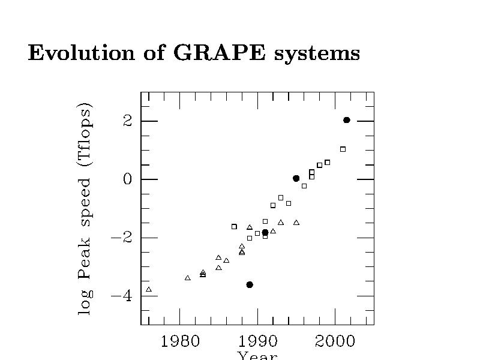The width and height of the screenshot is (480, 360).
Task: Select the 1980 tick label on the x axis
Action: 180,341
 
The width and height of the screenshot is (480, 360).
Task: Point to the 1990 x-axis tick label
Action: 257,341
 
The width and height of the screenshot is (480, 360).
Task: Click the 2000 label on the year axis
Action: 335,341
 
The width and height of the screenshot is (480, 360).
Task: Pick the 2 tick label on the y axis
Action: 127,121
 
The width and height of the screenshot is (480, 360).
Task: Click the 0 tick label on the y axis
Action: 127,179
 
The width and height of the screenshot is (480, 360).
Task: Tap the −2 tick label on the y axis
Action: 122,238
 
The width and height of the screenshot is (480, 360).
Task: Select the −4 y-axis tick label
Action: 122,296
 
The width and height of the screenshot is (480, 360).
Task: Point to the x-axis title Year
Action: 257,356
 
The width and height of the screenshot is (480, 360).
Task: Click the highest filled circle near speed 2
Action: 347,120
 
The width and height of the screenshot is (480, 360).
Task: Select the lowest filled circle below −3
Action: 250,284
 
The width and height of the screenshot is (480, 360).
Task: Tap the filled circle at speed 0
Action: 296,178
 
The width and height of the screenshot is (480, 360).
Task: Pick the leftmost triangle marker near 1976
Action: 149,289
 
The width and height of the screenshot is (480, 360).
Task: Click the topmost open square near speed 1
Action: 343,149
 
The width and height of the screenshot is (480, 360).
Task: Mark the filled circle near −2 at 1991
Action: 265,232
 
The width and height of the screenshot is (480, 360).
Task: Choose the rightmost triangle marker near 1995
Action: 296,223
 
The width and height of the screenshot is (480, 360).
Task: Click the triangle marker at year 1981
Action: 188,278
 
